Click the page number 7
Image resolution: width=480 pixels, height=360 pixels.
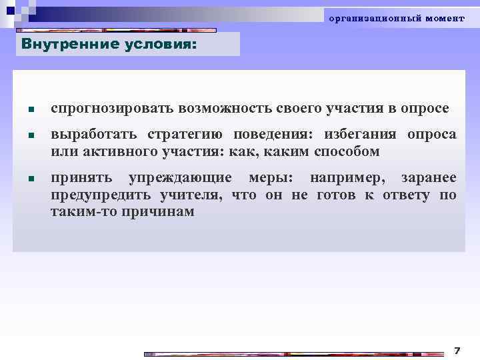[457, 349]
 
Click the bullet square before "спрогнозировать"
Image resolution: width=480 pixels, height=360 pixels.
[31, 109]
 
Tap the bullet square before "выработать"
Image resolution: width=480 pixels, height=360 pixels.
[31, 135]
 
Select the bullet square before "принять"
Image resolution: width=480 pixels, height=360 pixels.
[31, 179]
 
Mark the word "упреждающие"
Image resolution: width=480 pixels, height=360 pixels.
[181, 178]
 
